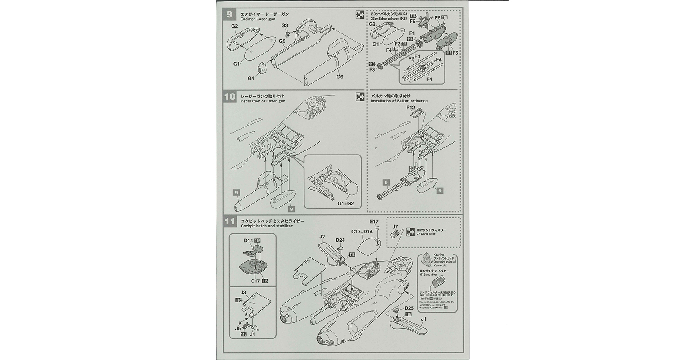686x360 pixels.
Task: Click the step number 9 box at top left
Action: click(230, 14)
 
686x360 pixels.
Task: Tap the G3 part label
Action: click(285, 26)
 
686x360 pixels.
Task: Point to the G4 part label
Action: click(251, 78)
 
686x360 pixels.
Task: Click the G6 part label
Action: click(340, 77)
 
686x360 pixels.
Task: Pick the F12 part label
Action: click(410, 108)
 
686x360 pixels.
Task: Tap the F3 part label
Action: click(372, 69)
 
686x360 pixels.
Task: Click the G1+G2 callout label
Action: click(346, 204)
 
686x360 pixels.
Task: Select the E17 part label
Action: click(374, 222)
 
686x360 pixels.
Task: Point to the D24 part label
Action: click(340, 240)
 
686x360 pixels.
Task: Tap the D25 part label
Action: click(409, 308)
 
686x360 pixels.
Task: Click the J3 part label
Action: click(243, 292)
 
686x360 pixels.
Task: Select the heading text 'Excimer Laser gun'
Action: click(257, 19)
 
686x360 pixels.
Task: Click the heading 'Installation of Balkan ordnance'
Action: click(399, 101)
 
